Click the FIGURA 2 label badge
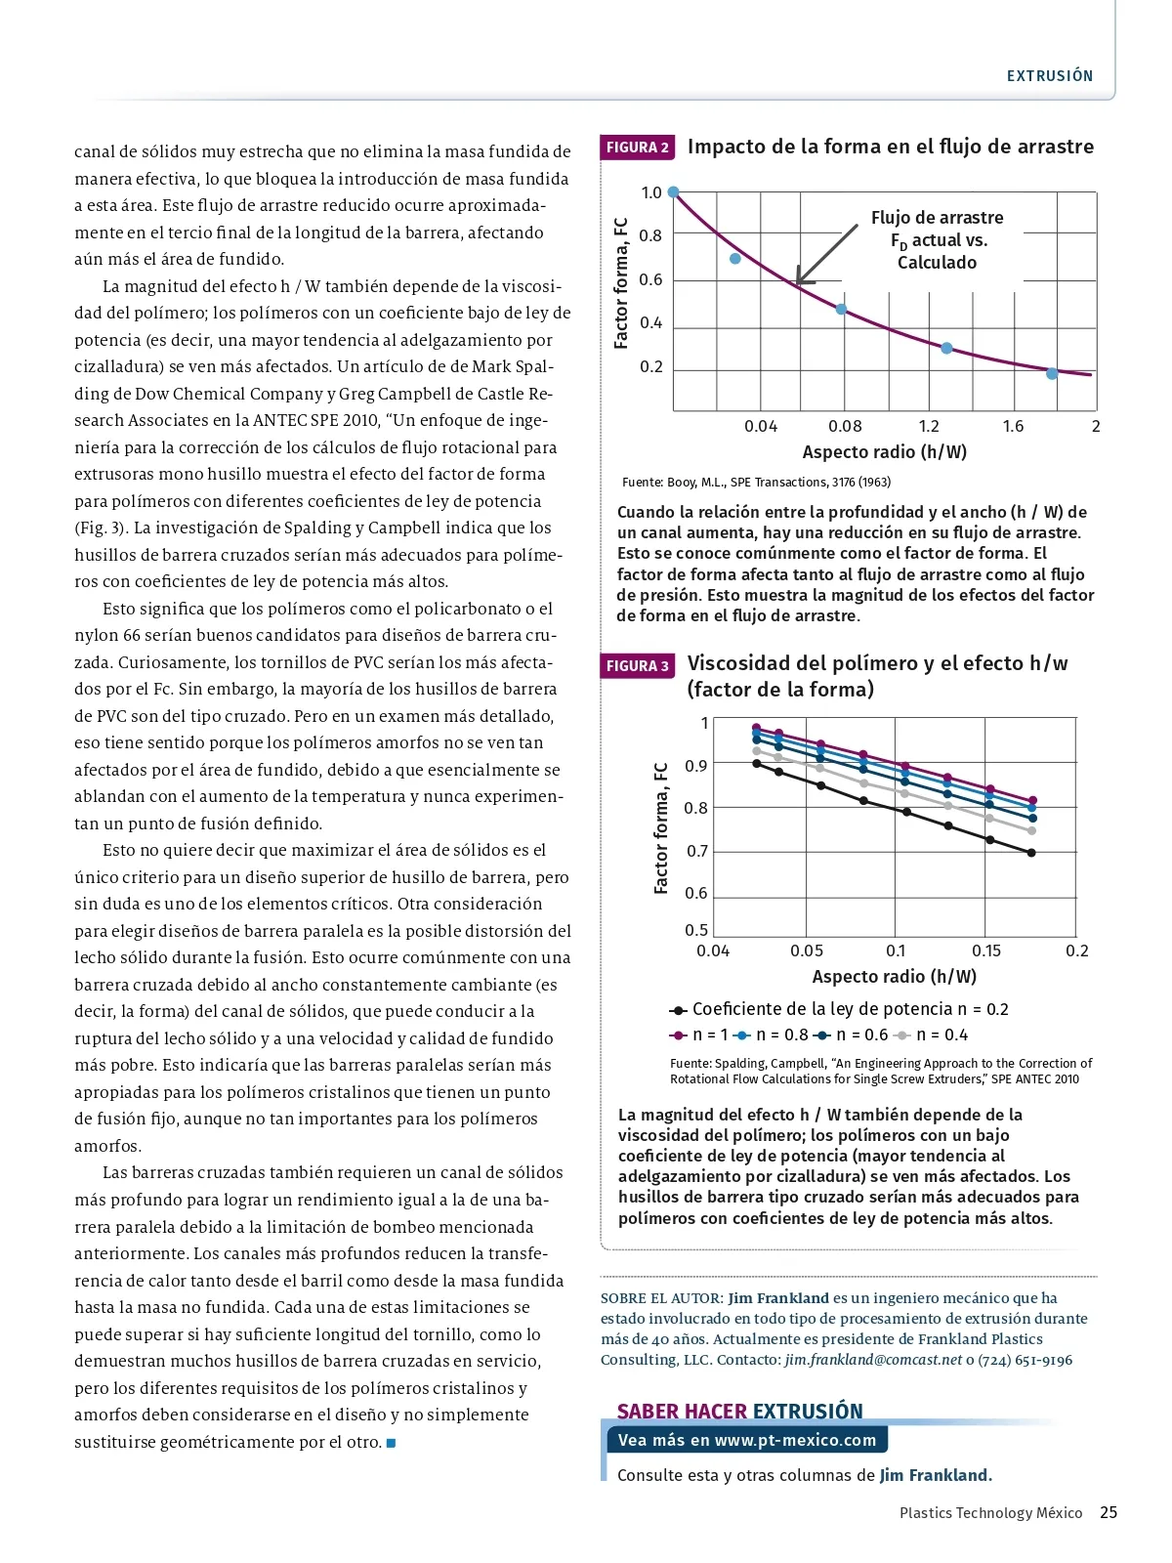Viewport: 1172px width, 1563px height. (638, 148)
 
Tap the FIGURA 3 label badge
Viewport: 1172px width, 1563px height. (638, 666)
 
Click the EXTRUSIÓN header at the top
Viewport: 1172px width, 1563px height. (1050, 76)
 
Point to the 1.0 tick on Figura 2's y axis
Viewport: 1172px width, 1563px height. (651, 192)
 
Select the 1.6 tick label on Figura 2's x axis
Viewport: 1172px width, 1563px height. (1013, 426)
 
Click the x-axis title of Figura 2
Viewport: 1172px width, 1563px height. (884, 452)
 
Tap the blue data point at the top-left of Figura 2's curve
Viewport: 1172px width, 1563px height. (673, 192)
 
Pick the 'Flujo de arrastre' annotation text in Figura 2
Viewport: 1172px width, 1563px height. (937, 218)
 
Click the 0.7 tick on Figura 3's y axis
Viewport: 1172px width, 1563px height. (697, 851)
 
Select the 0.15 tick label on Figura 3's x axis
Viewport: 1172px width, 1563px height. (986, 950)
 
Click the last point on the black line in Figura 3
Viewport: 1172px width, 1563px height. (1031, 853)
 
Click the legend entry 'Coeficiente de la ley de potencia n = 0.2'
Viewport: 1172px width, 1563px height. (839, 1009)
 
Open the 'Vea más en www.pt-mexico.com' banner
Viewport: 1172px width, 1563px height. (747, 1440)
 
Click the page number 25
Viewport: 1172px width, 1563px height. (1109, 1512)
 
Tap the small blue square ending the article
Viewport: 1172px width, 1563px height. (392, 1443)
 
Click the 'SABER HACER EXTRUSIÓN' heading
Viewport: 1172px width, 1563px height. (739, 1411)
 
